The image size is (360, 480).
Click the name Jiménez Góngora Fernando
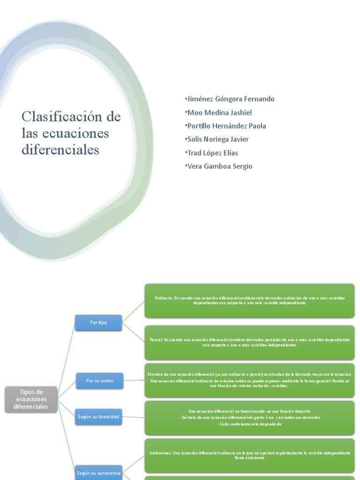pos(230,99)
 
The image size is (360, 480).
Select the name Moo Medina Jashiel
pos(219,112)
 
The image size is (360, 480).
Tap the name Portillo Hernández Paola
pos(226,126)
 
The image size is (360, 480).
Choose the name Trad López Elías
pos(213,153)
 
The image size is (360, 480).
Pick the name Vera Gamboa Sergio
pos(219,166)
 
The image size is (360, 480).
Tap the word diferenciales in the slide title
pos(60,150)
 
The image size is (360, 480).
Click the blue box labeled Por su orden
pos(98,381)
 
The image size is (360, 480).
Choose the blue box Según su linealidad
pos(98,416)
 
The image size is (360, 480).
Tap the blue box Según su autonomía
pos(98,473)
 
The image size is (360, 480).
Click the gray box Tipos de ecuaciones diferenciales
pos(31,399)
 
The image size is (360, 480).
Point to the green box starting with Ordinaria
pos(249,300)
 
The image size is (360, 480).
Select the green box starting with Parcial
pos(249,342)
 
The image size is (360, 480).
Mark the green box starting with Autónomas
pos(249,455)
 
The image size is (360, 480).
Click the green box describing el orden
pos(249,380)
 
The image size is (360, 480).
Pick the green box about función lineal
pos(249,417)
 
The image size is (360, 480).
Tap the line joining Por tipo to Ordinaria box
pos(134,311)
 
